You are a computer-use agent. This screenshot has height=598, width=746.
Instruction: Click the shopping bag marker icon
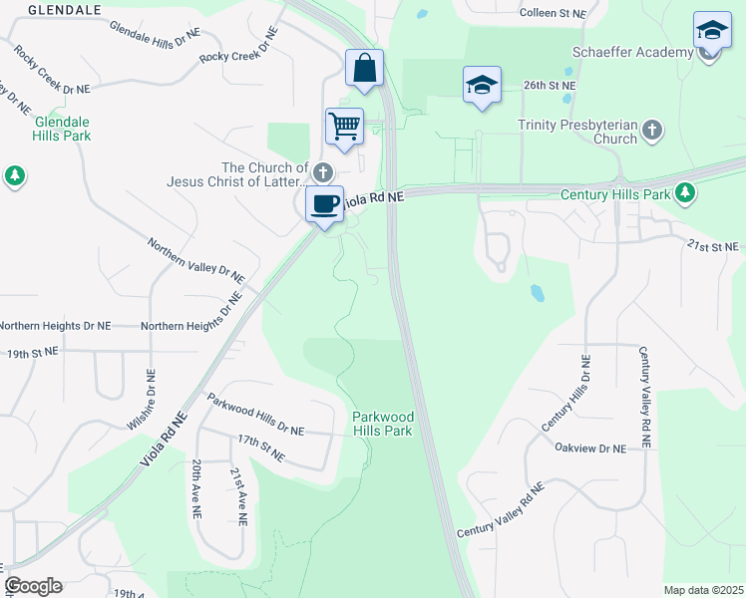(x=365, y=69)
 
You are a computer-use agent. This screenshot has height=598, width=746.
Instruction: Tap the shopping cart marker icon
(x=344, y=127)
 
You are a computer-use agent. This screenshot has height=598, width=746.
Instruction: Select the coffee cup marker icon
(x=324, y=204)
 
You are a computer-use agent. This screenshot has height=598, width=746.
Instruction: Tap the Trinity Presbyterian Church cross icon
(x=652, y=130)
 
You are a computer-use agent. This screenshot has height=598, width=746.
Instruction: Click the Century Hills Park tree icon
(x=684, y=193)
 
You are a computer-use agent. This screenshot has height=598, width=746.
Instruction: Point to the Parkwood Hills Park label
(x=383, y=423)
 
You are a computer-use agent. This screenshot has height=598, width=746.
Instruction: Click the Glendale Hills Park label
(x=63, y=128)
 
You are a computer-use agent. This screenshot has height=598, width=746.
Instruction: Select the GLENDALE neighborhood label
(x=65, y=9)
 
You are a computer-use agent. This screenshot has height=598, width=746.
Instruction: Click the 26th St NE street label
(x=551, y=86)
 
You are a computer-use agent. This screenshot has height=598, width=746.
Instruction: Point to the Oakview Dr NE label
(x=590, y=448)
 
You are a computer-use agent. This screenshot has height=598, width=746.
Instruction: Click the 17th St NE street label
(x=261, y=447)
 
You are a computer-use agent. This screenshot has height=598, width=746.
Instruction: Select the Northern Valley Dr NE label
(x=195, y=258)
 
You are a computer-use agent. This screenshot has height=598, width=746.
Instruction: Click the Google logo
(x=33, y=586)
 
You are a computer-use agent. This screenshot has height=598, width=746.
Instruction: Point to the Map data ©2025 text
(x=703, y=590)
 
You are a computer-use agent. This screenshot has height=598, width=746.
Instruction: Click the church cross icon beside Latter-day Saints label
(x=323, y=170)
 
